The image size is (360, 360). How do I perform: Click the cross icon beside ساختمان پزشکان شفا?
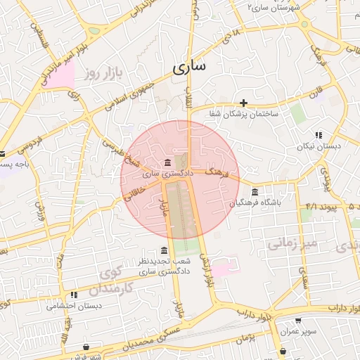pyautogui.click(x=244, y=103)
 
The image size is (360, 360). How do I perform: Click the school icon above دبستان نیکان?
pyautogui.click(x=319, y=135)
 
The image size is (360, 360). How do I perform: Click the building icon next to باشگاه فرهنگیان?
pyautogui.click(x=254, y=192)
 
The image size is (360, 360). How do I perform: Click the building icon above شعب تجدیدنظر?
pyautogui.click(x=164, y=251)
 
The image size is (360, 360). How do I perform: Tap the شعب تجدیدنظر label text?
pyautogui.click(x=164, y=261)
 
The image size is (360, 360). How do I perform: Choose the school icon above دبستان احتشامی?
pyautogui.click(x=74, y=295)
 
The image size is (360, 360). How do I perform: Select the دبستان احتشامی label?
pyautogui.click(x=74, y=306)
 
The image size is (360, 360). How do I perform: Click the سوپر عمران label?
pyautogui.click(x=300, y=330)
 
